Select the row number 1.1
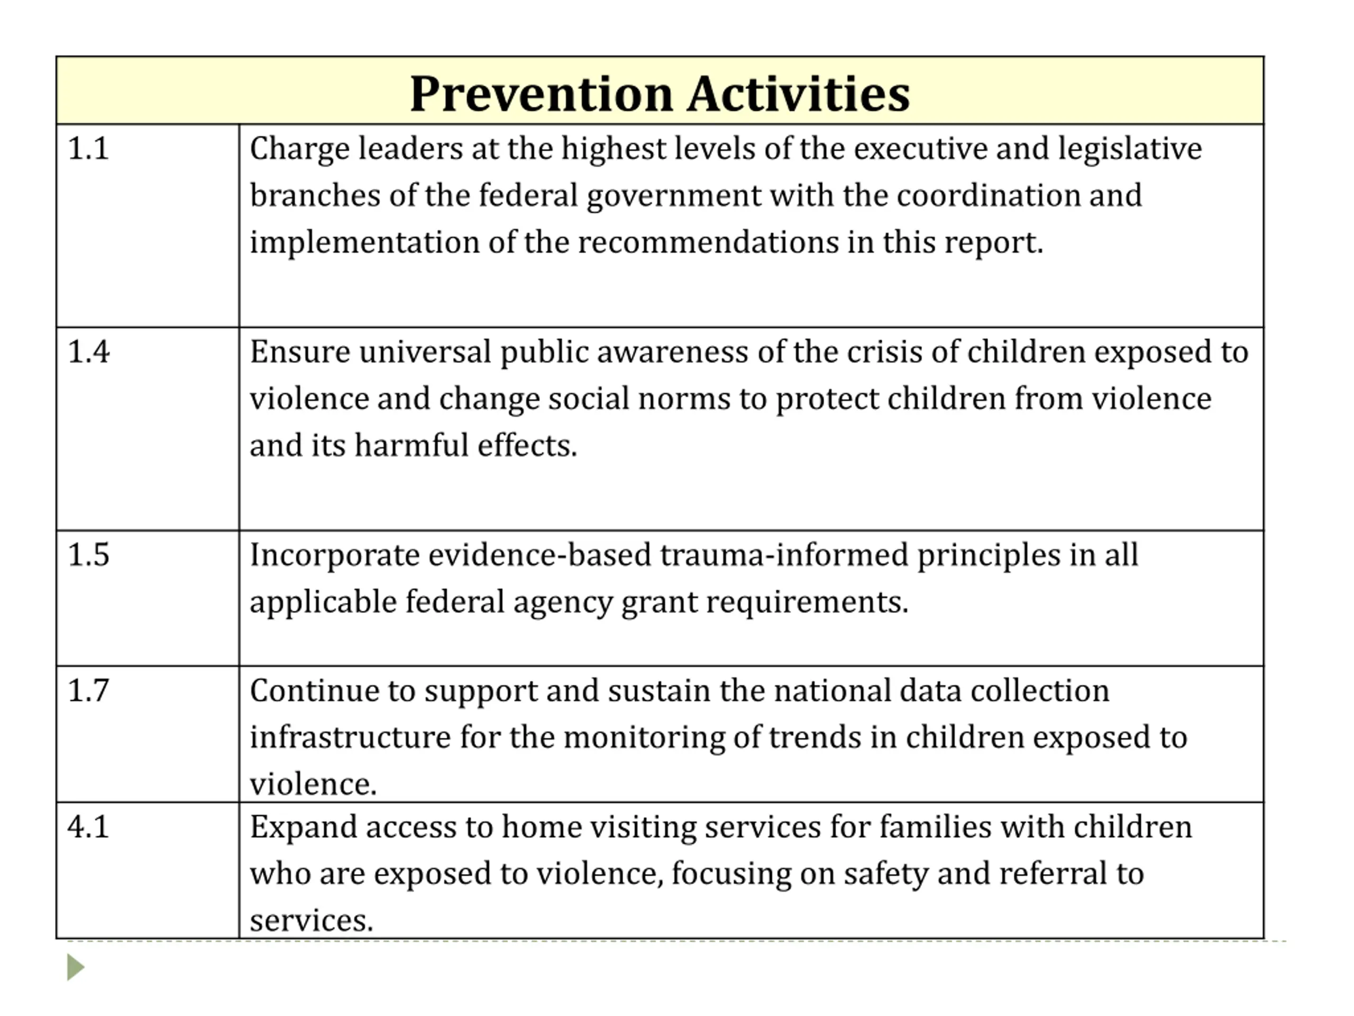click(x=88, y=149)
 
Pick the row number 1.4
click(x=88, y=352)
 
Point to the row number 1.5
click(x=88, y=555)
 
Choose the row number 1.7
click(x=88, y=691)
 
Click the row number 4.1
click(x=88, y=827)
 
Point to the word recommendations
click(x=708, y=242)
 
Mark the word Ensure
click(x=300, y=352)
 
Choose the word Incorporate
click(x=334, y=555)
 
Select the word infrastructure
click(x=350, y=737)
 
